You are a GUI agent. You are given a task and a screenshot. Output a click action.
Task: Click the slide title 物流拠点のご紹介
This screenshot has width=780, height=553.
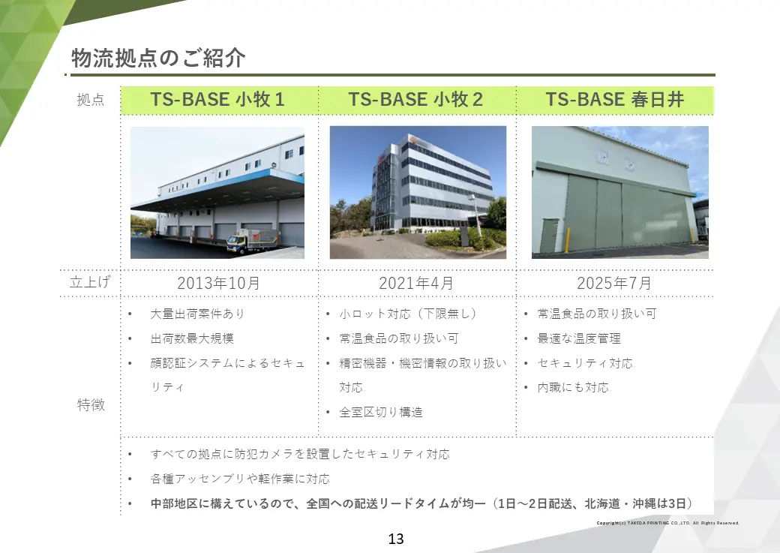coord(158,59)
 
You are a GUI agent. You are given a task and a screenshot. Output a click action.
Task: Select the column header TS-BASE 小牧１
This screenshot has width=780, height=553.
coord(217,100)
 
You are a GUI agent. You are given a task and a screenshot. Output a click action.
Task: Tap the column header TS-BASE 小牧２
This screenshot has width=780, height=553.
coord(415,100)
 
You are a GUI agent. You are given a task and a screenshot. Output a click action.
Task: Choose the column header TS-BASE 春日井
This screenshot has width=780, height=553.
coord(614,100)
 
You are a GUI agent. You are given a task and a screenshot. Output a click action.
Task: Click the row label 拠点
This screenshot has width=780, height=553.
coord(90,100)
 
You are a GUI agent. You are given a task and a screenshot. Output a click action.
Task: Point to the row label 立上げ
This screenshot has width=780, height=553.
coord(90,283)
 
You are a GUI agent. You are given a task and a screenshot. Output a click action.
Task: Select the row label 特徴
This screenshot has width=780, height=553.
coord(91,405)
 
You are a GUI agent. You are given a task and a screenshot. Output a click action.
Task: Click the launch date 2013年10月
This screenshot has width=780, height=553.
coord(218,284)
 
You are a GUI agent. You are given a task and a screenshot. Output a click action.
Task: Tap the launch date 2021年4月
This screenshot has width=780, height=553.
coord(416,284)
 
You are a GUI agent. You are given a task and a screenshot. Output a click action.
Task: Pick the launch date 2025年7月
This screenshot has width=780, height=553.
coord(614,284)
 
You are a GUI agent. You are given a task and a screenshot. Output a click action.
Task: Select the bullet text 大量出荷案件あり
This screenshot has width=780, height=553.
coord(197,314)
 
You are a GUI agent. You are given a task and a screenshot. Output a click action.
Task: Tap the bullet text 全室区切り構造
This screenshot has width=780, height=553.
coord(381,412)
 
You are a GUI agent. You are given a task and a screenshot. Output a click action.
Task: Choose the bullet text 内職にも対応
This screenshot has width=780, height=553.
coord(573,387)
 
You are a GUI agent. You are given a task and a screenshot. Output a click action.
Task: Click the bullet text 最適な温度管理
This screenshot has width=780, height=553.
coord(579,338)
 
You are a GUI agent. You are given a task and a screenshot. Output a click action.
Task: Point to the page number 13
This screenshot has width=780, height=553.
coord(396,539)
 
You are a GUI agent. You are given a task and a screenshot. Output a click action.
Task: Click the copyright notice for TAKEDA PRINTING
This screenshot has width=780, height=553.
coord(667,523)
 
